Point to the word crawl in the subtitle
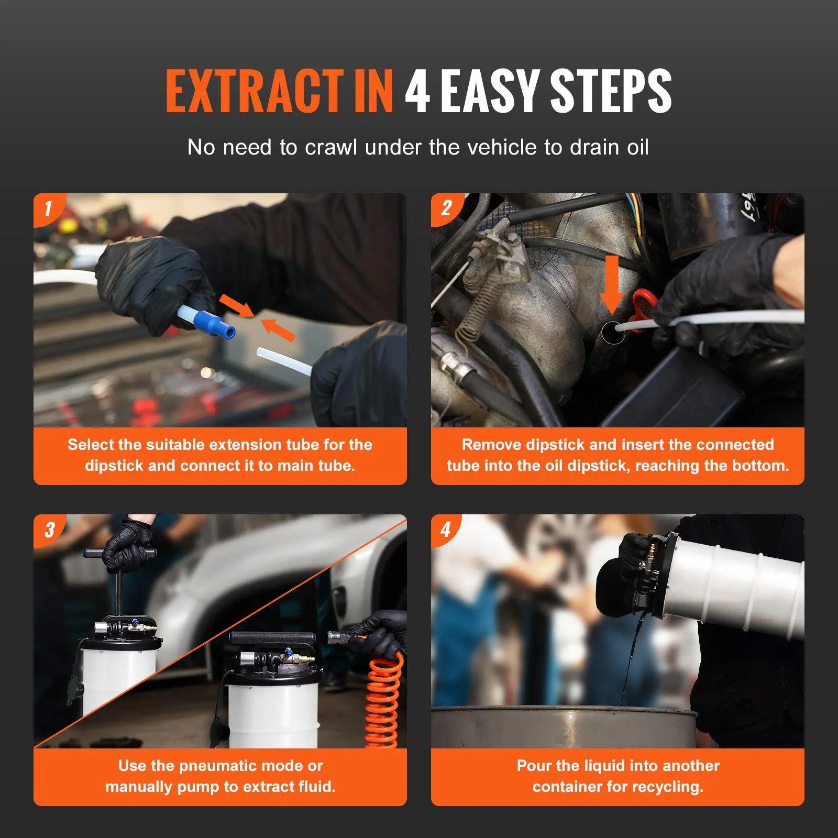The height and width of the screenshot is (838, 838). coord(331,148)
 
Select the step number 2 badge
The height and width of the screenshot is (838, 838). coord(446,208)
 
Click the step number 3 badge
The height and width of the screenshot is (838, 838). coord(49,530)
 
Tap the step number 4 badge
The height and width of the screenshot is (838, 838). coord(446,530)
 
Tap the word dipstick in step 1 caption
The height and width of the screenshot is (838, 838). coord(114,466)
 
